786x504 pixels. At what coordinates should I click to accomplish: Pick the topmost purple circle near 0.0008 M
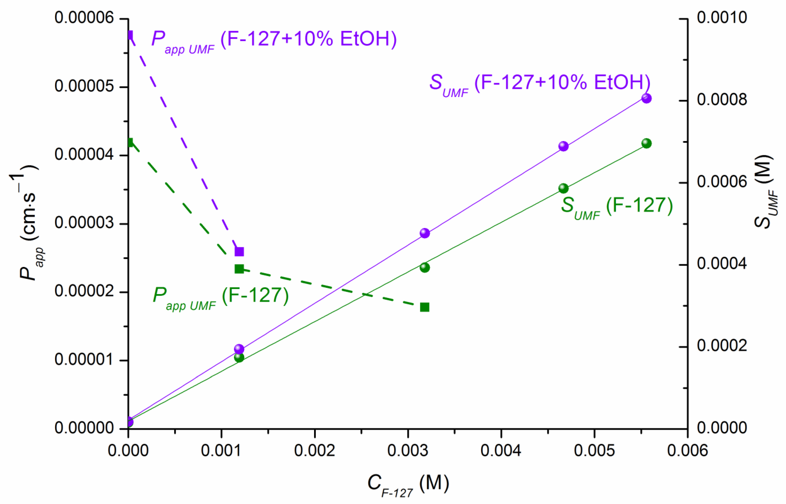click(646, 98)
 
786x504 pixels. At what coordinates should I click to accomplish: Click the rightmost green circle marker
click(646, 143)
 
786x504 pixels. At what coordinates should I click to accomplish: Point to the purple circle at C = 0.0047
click(563, 146)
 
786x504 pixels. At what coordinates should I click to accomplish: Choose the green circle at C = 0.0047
click(563, 188)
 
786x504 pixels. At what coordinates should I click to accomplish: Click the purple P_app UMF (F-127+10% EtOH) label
click(274, 41)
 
